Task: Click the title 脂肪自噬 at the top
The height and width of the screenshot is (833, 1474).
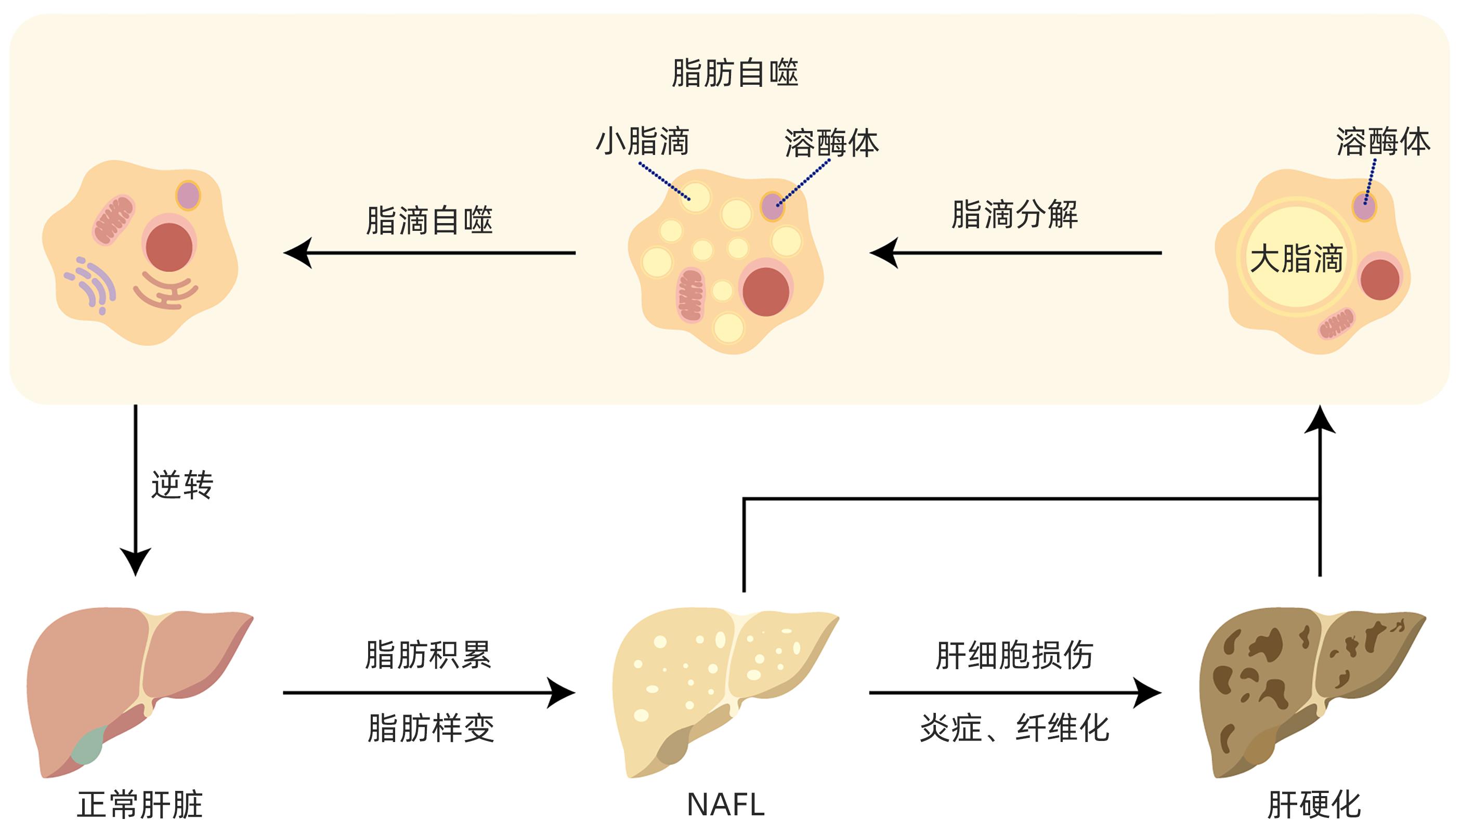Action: pos(735,73)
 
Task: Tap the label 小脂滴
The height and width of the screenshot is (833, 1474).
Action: pos(643,142)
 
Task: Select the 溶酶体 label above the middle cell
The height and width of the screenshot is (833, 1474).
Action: pos(831,143)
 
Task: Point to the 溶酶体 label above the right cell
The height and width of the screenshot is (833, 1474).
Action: pos(1383,142)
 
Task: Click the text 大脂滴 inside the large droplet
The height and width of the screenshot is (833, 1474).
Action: pos(1296,258)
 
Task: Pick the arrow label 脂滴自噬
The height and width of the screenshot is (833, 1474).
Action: pos(429,220)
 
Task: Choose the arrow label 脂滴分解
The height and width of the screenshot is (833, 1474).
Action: pos(1014,215)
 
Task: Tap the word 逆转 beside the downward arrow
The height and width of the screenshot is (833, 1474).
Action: pos(182,486)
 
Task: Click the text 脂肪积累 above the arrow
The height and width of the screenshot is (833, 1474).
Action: pos(428,655)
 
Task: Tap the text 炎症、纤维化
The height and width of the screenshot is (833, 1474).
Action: pos(1014,728)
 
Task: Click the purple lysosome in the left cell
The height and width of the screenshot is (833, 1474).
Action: pos(188,196)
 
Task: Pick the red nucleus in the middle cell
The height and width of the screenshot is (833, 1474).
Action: pos(766,292)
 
